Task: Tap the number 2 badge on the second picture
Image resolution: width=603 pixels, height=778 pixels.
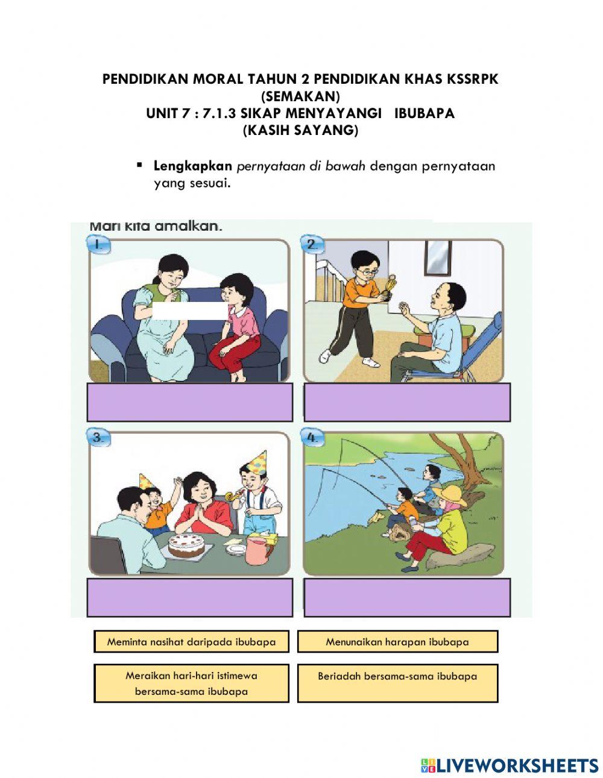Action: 314,244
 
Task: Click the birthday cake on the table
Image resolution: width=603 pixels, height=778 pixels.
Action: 185,544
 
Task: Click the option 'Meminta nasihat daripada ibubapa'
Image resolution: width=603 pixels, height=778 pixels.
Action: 191,642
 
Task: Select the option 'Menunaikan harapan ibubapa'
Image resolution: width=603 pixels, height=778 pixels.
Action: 397,642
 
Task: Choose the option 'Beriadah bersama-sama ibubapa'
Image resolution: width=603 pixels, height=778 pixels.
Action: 397,677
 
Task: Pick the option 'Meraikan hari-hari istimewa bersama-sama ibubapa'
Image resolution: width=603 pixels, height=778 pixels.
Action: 191,683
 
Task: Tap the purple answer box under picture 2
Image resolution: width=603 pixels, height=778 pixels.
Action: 407,402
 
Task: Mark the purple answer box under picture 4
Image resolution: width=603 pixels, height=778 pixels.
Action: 407,597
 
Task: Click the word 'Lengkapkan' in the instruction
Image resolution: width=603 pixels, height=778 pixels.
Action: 192,166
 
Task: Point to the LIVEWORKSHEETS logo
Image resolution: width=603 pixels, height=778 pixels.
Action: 510,765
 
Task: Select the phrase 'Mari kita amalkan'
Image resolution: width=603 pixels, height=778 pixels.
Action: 156,227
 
